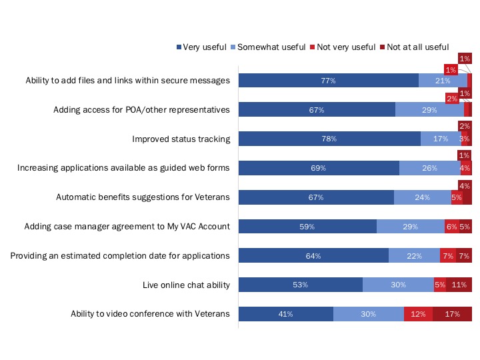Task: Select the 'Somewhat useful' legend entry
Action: tap(267, 47)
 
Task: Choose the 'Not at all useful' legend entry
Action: tap(414, 47)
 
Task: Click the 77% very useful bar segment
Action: tap(328, 80)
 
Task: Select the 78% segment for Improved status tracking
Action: tap(329, 139)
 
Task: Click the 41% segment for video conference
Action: tap(285, 314)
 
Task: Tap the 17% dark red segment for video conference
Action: tap(452, 314)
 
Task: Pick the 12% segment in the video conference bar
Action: tap(418, 314)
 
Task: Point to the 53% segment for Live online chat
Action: tap(300, 285)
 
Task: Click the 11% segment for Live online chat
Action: tap(459, 285)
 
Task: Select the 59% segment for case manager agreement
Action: tap(307, 227)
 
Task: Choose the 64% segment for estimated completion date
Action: tap(313, 256)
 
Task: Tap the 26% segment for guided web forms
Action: tap(429, 168)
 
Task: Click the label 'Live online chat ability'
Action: tap(186, 285)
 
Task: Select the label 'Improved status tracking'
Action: tap(181, 139)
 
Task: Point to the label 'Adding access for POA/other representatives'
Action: tap(141, 109)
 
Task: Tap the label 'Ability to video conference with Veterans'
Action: tap(150, 314)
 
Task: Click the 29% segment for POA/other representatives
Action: tap(429, 109)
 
